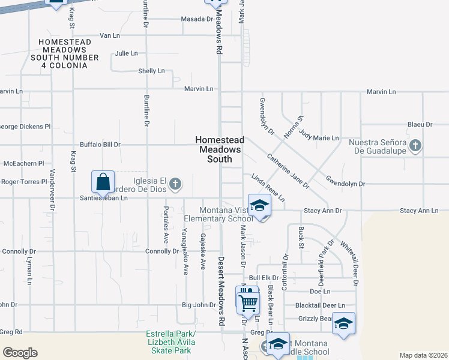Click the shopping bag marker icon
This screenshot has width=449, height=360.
coord(103,181)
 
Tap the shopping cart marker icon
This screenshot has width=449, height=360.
coord(248,300)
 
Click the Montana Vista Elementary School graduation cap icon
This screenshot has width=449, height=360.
coord(259,206)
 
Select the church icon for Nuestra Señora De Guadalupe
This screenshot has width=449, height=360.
coord(415,145)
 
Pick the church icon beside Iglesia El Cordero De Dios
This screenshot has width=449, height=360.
coord(175,184)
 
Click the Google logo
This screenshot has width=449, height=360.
coord(20,352)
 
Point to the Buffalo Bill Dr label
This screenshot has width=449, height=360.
coord(100,145)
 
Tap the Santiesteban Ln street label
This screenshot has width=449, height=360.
coord(104,197)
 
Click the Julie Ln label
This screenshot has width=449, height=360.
coord(127,53)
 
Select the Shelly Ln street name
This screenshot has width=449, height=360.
coord(151,71)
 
